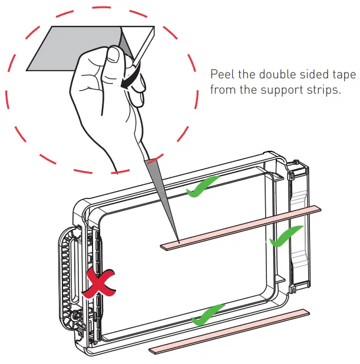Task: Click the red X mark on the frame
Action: click(x=98, y=284)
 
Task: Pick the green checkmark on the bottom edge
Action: click(x=208, y=313)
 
